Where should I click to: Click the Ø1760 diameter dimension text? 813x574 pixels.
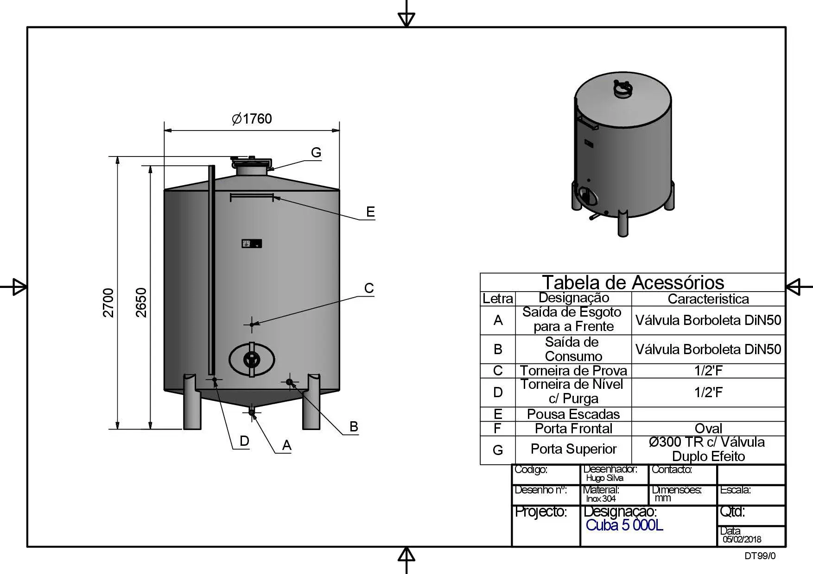252,119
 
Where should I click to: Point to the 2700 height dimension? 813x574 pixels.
108,303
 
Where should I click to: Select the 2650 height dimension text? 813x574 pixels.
141,303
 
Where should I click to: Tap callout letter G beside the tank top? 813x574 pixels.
316,152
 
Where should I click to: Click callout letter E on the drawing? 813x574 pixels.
370,212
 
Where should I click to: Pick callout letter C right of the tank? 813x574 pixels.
369,288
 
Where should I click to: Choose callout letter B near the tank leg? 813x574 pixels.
354,427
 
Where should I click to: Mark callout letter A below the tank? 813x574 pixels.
287,445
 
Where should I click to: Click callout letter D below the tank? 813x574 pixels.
244,441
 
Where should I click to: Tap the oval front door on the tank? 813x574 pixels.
252,359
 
